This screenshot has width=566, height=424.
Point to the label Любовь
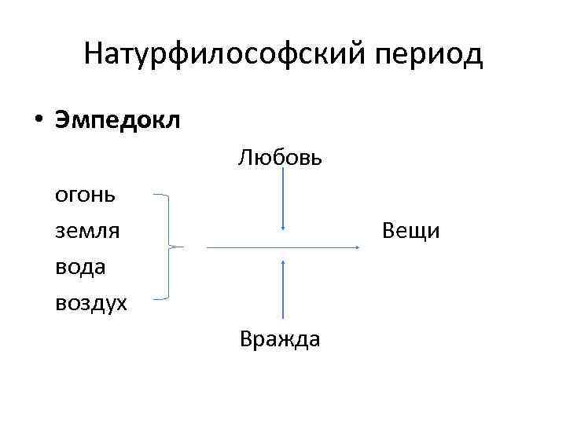tap(281, 158)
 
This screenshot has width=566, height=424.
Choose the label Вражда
tap(281, 339)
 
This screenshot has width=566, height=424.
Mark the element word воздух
tap(90, 302)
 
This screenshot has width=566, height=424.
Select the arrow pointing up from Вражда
tap(282, 291)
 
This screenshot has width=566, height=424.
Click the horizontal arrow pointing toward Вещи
tap(283, 247)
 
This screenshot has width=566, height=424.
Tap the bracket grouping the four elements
tap(169, 247)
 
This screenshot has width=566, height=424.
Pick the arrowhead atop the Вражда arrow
tap(282, 260)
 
